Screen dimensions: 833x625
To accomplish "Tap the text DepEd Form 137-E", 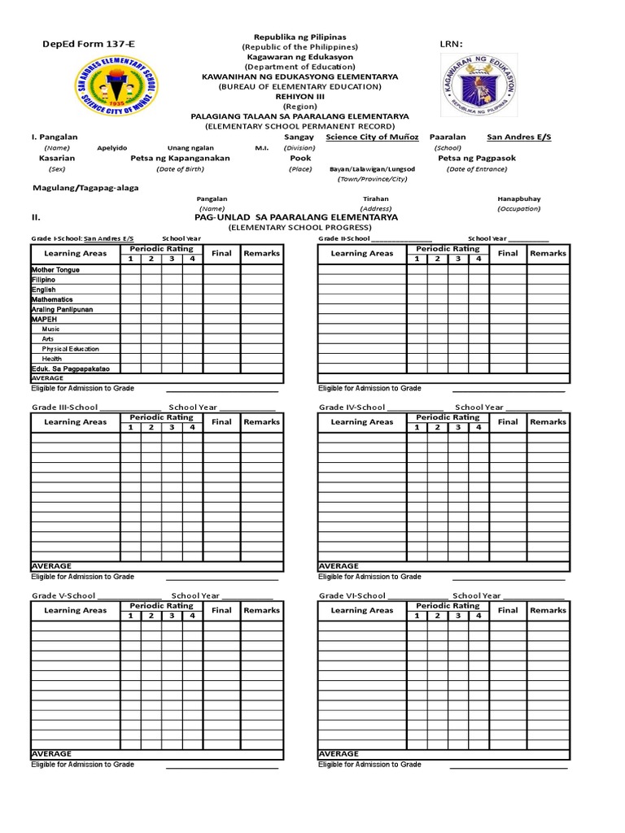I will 78,43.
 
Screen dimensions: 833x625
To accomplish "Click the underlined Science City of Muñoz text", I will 372,137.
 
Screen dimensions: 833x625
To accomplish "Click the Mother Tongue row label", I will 55,270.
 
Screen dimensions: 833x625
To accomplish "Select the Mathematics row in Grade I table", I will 52,299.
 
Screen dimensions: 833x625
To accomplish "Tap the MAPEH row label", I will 45,320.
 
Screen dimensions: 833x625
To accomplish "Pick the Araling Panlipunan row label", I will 63,310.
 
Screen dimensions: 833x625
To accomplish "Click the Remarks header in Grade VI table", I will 548,610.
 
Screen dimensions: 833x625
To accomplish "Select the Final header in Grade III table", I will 221,422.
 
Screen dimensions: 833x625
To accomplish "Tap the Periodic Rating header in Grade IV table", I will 447,417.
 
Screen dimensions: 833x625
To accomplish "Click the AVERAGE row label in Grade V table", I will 51,754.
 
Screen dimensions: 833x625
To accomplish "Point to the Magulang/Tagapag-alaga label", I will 85,188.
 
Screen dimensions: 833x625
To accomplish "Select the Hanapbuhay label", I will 520,198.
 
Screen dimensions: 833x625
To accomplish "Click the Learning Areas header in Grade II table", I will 361,254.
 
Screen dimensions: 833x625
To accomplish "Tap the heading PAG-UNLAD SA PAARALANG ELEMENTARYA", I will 297,218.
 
